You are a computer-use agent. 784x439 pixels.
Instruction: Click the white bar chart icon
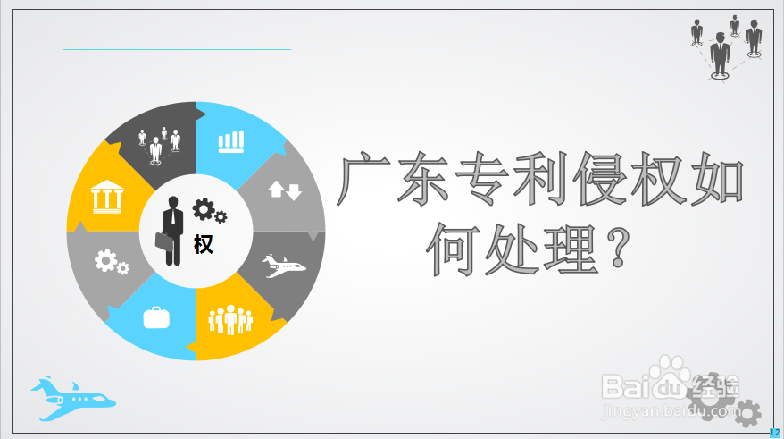tap(231, 141)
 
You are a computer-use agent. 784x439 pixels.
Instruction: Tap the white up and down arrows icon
tap(285, 190)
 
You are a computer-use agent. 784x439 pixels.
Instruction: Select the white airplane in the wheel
tap(283, 266)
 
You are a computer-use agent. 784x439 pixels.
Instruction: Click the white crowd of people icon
tap(230, 319)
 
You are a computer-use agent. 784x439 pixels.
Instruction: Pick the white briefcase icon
tap(156, 318)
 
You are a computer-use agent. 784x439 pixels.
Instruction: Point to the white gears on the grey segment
tap(112, 263)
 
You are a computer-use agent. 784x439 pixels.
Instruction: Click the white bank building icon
tap(106, 197)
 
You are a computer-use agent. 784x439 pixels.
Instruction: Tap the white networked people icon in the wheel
tap(159, 145)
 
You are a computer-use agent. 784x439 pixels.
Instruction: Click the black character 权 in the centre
tap(204, 244)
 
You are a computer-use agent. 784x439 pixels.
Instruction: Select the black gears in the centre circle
tap(210, 210)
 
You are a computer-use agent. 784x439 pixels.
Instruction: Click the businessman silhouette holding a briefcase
tap(170, 231)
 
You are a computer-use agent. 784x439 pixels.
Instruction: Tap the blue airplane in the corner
tap(72, 399)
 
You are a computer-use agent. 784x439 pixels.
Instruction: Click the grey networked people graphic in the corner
tap(727, 47)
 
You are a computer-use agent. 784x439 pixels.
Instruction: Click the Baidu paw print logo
tap(669, 376)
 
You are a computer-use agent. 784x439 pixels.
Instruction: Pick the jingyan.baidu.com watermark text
tap(671, 411)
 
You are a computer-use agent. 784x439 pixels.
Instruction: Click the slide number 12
tap(774, 433)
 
